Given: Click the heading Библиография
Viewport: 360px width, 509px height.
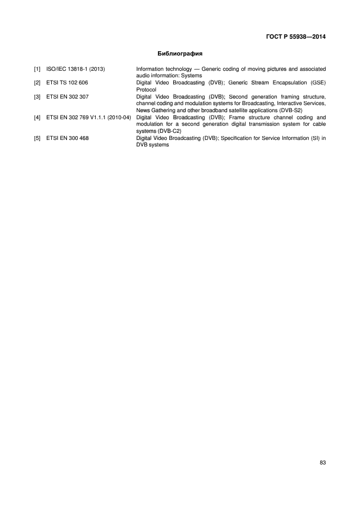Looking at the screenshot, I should click(x=180, y=53).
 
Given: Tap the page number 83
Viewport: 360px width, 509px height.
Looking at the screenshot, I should click(x=322, y=462).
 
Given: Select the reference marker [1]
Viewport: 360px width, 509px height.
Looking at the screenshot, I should click(x=37, y=69).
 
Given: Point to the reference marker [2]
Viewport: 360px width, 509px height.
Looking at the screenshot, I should click(x=37, y=83).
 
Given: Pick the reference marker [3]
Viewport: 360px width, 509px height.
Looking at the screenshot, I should click(x=37, y=97).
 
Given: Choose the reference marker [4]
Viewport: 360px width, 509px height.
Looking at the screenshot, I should click(x=37, y=117).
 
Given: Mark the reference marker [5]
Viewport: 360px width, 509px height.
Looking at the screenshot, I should click(x=37, y=138).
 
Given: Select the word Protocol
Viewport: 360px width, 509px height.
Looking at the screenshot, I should click(x=146, y=89).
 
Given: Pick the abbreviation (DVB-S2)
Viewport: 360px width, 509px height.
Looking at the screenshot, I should click(x=290, y=110).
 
